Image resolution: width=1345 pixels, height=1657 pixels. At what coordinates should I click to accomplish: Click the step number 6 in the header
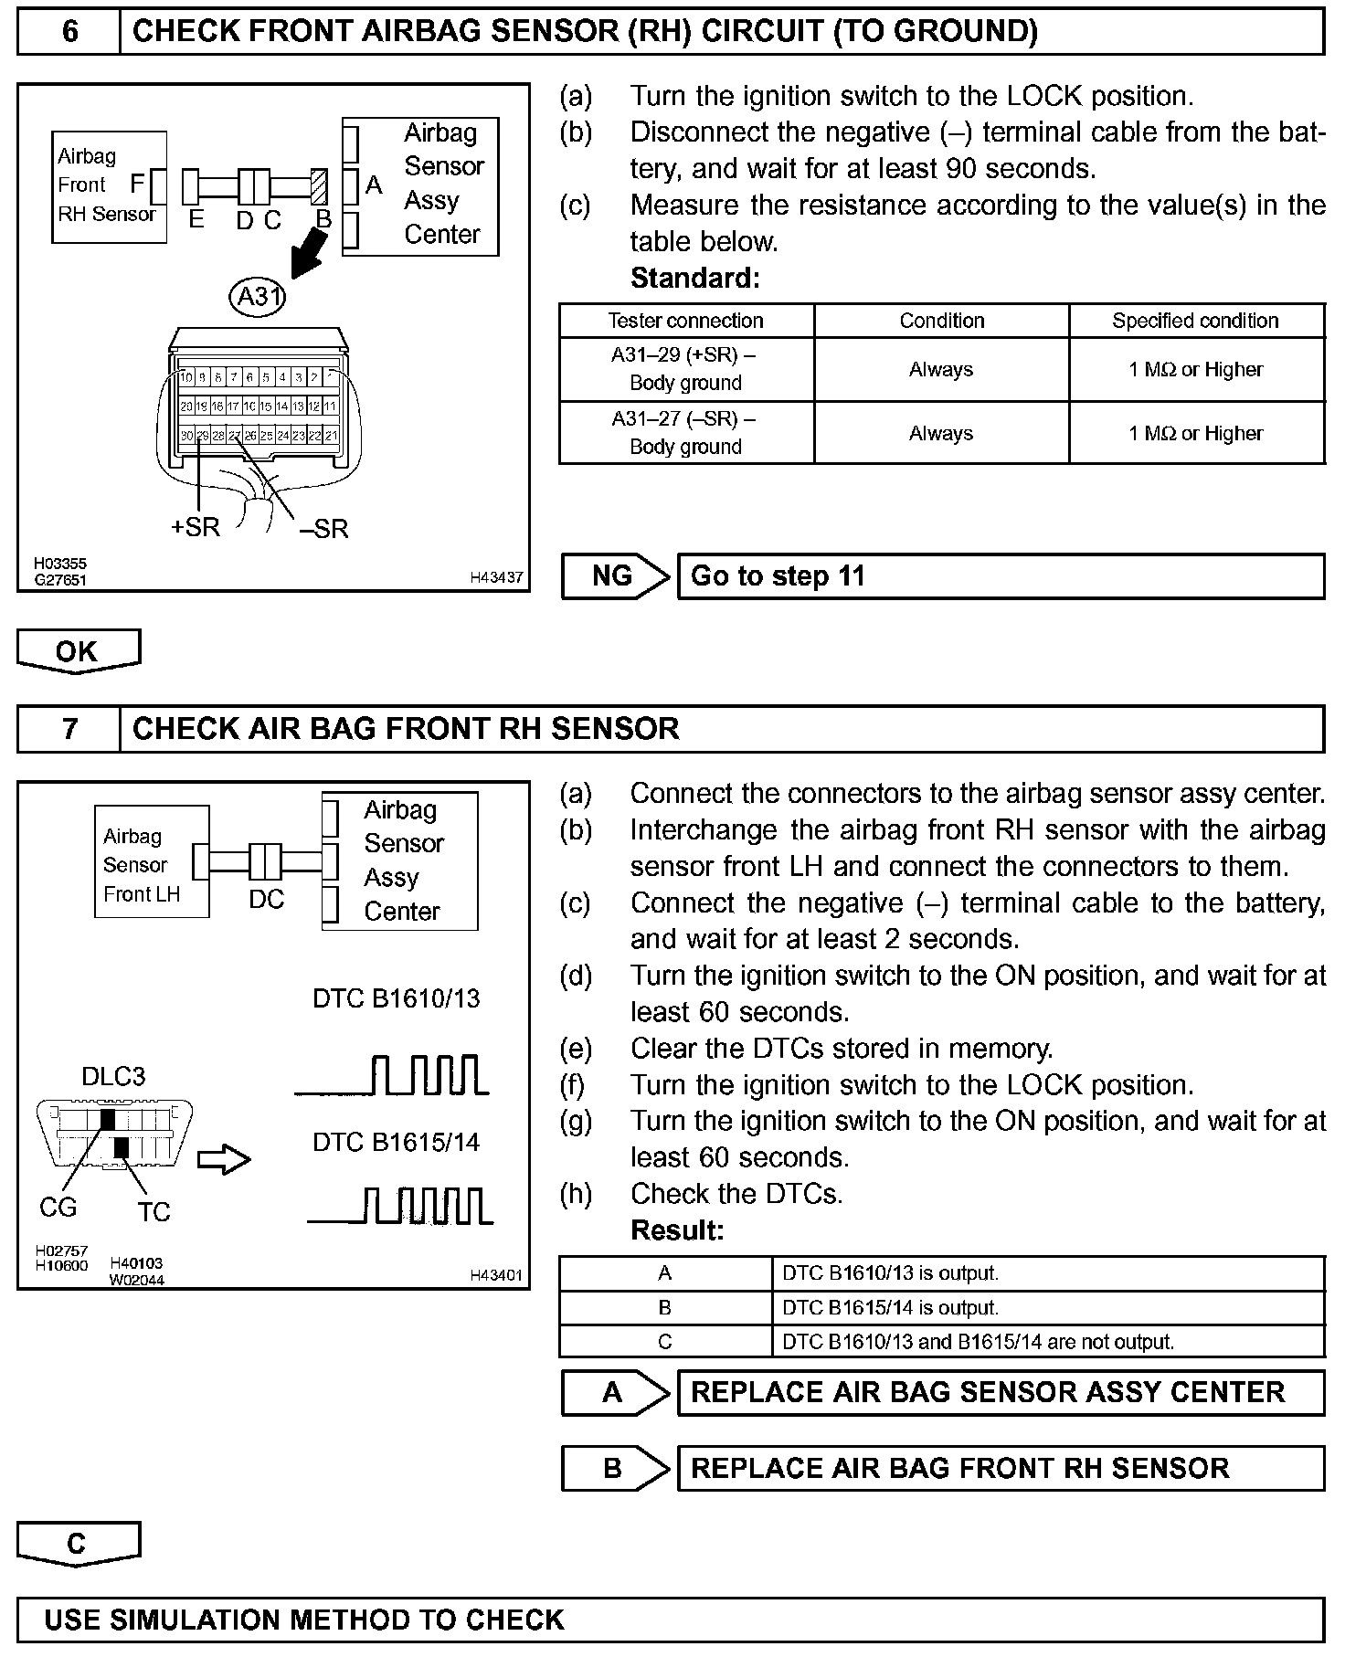[x=69, y=32]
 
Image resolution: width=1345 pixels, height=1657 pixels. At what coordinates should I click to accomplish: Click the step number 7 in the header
[x=69, y=729]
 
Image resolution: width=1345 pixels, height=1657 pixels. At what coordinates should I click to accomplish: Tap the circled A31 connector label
[x=259, y=297]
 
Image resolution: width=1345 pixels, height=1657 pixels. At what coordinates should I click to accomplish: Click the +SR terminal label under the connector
[x=196, y=527]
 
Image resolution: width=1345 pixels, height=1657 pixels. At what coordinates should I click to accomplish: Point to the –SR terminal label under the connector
[x=324, y=529]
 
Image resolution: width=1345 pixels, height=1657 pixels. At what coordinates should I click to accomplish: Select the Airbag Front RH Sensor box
[x=109, y=186]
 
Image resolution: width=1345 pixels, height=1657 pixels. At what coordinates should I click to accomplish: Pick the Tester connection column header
[x=685, y=321]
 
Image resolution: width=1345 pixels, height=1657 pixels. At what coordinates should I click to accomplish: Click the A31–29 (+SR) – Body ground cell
[x=685, y=369]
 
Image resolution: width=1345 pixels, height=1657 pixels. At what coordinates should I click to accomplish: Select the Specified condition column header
[x=1195, y=321]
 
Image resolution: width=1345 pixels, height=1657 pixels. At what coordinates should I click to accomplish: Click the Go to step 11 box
[x=1000, y=576]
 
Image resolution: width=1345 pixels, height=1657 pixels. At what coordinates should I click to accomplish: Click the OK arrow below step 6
[x=78, y=651]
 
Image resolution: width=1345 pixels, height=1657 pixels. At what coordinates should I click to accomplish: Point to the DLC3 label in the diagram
[x=113, y=1076]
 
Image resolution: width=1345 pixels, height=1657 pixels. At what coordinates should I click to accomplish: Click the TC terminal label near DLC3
[x=154, y=1212]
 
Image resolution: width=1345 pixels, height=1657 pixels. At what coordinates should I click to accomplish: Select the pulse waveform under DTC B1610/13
[x=393, y=1075]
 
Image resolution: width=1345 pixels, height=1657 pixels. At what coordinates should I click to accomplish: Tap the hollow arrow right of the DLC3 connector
[x=224, y=1160]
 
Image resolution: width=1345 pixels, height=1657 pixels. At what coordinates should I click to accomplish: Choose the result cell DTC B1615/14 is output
[x=1047, y=1308]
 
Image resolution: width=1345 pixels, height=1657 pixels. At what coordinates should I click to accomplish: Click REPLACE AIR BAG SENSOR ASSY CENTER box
[x=1000, y=1392]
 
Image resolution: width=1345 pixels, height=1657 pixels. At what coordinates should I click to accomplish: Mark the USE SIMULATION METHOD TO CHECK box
[x=671, y=1620]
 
